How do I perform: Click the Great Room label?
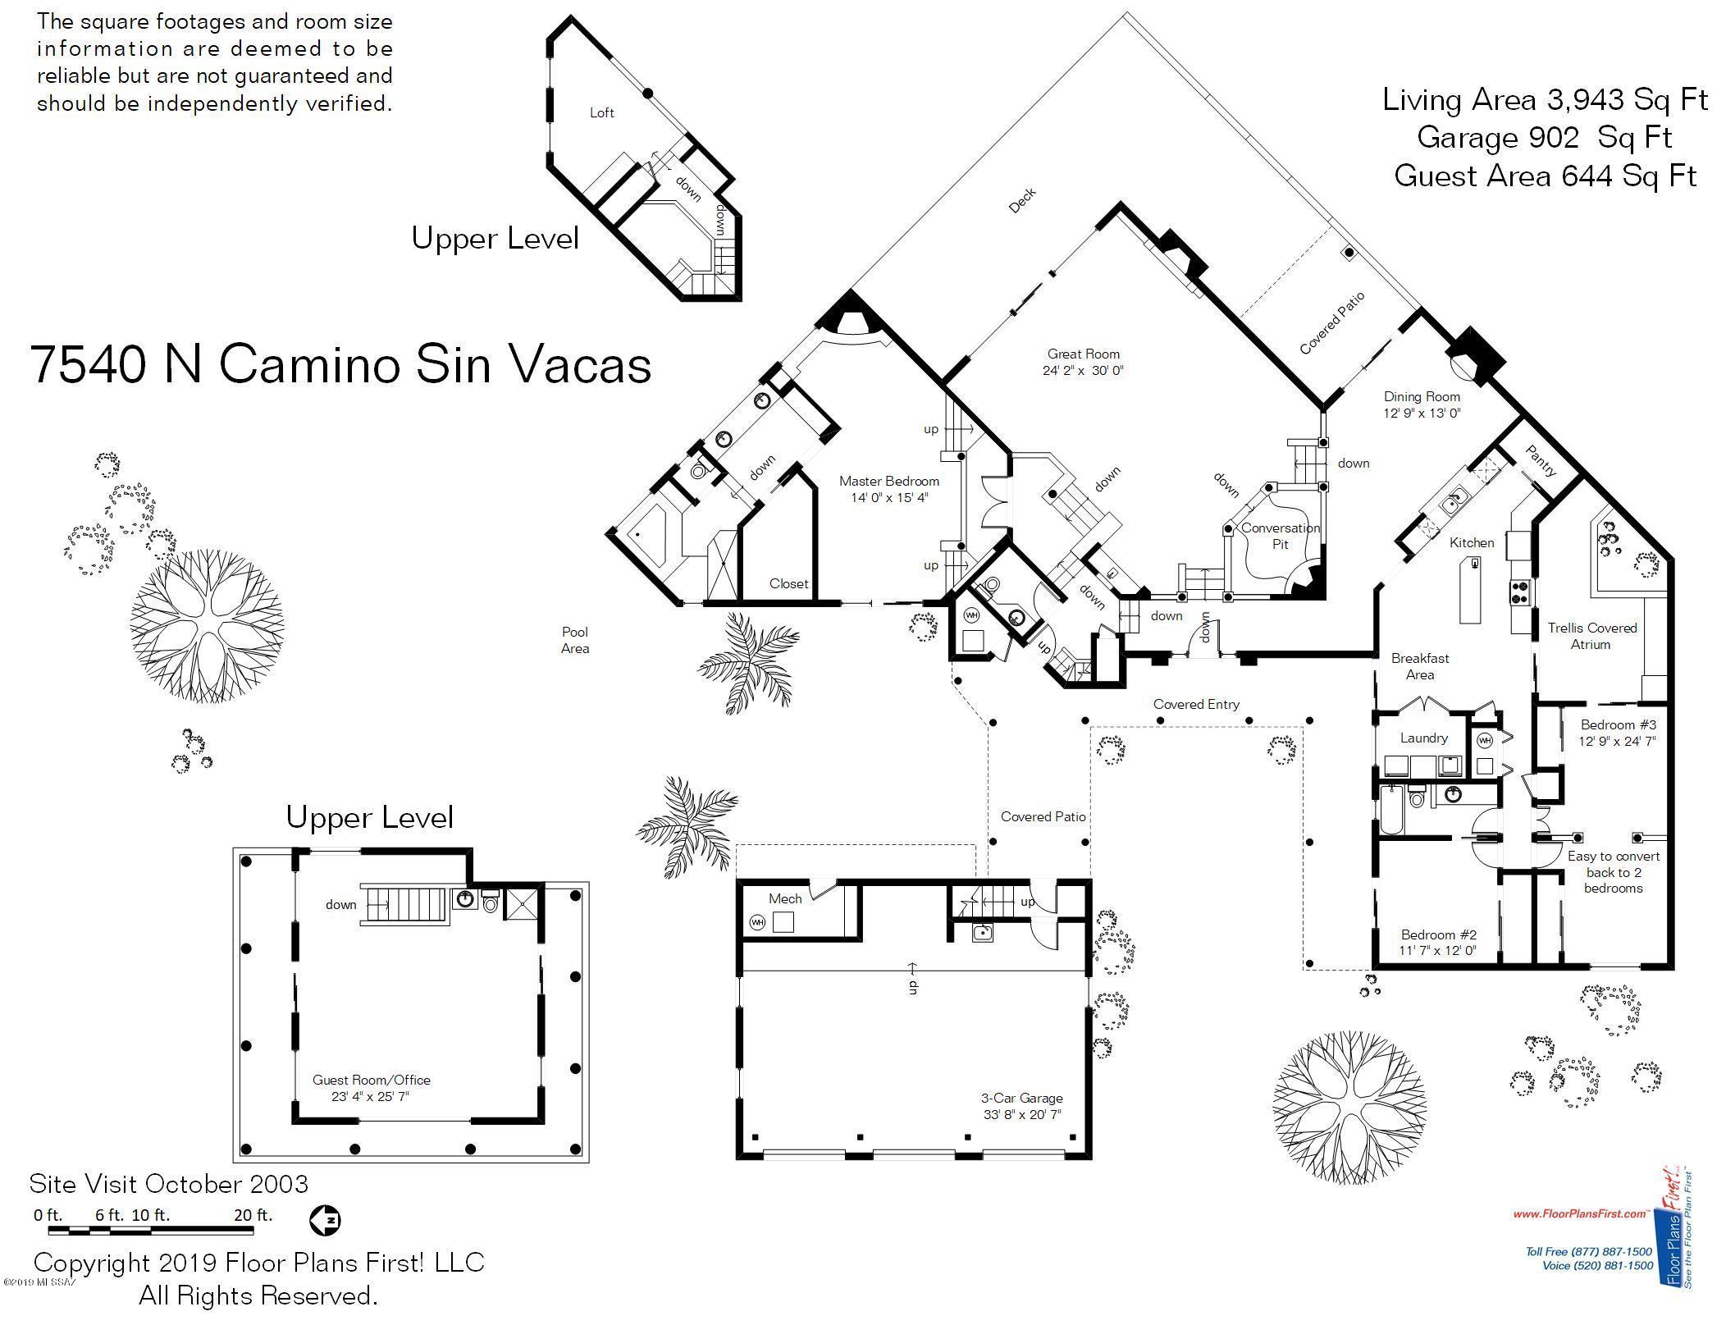click(x=1083, y=354)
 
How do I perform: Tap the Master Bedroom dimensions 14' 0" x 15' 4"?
click(x=888, y=497)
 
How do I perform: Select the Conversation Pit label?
click(x=1280, y=536)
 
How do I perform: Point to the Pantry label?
click(x=1540, y=461)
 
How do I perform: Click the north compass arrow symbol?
click(x=325, y=1220)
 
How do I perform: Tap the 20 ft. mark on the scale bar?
click(x=253, y=1215)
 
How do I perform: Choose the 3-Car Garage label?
click(x=1021, y=1098)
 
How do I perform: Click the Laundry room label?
click(x=1423, y=738)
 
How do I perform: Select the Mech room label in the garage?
click(x=784, y=898)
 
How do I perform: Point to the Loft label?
click(x=601, y=112)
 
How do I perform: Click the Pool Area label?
click(x=575, y=640)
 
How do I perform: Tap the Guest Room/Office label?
click(x=371, y=1080)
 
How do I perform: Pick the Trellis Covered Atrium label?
click(x=1591, y=636)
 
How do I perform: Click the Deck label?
click(x=1022, y=200)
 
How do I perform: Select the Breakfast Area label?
click(x=1420, y=666)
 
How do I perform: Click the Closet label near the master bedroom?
click(x=788, y=583)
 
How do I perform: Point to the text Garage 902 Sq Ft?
click(x=1544, y=137)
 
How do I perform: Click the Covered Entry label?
click(x=1196, y=704)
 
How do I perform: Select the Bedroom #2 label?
click(x=1438, y=934)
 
